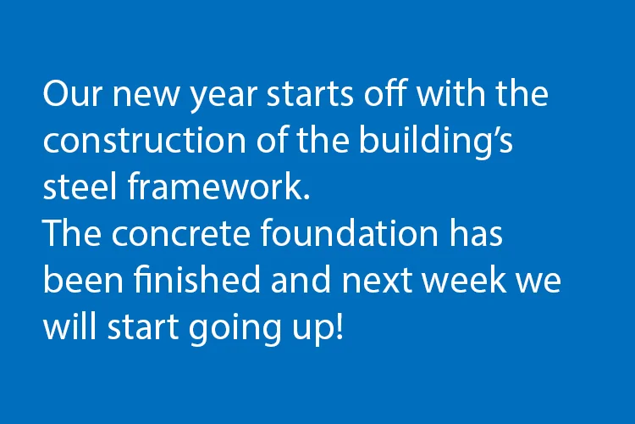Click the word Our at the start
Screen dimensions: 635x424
pos(71,93)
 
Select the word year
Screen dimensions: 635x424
pos(224,97)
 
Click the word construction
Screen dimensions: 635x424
pos(145,140)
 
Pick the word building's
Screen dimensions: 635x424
pos(436,142)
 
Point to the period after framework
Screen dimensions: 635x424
pos(306,197)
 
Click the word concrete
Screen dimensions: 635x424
pos(181,234)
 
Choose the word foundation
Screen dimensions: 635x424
pos(349,232)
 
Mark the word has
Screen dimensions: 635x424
pos(476,232)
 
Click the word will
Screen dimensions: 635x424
pos(69,326)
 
